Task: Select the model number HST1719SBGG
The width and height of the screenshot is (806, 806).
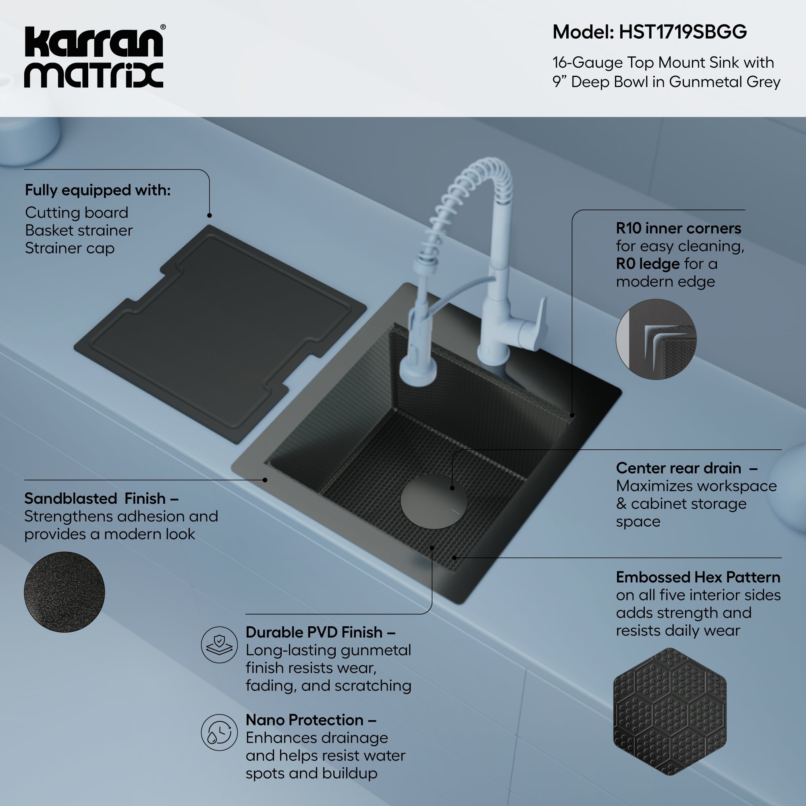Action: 683,33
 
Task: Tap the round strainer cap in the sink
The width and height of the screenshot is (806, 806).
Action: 434,502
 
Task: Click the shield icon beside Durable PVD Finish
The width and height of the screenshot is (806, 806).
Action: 219,644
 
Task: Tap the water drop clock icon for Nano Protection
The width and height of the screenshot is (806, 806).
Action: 219,732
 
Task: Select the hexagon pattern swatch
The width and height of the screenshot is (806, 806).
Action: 669,712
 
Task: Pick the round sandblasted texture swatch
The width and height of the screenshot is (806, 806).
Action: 64,592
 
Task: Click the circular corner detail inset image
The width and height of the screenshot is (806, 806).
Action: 656,339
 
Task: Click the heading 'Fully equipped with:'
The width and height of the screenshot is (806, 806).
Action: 98,190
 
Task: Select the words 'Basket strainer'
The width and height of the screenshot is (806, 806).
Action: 79,230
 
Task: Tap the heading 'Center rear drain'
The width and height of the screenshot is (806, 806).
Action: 678,468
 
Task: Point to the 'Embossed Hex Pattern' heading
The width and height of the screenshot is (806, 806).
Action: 698,577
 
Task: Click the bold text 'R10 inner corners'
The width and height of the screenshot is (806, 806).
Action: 678,229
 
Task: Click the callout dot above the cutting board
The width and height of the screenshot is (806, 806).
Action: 210,215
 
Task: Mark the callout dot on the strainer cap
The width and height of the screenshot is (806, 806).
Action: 452,488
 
